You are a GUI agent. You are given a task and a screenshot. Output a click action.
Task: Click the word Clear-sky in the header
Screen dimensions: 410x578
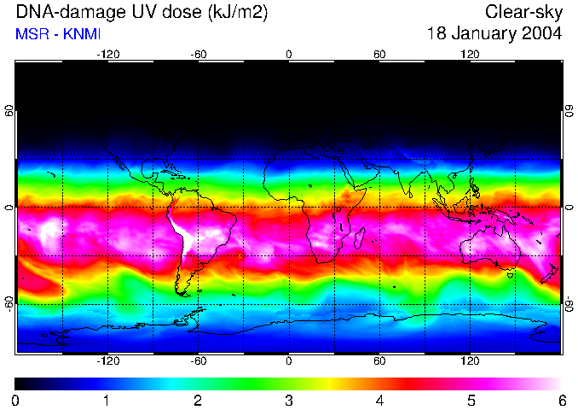tap(523, 12)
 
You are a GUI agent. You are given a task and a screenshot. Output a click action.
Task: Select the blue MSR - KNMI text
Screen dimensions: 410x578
tap(56, 34)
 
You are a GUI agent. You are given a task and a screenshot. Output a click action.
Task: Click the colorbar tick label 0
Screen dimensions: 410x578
tap(15, 400)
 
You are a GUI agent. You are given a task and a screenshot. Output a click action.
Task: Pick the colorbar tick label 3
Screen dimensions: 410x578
tap(288, 400)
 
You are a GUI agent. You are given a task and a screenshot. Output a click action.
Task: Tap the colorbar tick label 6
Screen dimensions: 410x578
tap(561, 400)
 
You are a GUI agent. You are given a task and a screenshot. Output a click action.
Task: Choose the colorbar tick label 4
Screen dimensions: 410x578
tap(379, 400)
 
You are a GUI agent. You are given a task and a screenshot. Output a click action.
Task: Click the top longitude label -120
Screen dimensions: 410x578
tap(107, 54)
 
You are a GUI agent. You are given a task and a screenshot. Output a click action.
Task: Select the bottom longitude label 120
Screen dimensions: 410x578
tap(470, 361)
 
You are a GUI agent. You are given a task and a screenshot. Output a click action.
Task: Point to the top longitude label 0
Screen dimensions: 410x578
tap(288, 54)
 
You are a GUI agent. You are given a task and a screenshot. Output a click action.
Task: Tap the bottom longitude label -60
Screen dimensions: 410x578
tap(198, 361)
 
